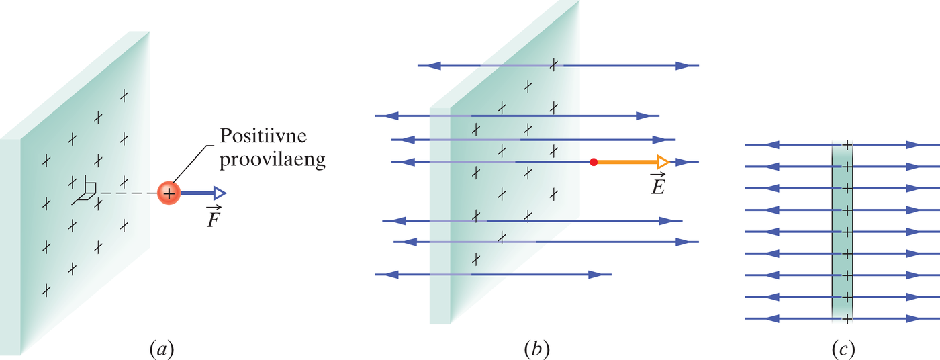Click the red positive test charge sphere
coord(169,193)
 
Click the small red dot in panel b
coord(593,162)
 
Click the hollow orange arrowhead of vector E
coord(662,162)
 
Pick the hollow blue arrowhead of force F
coord(219,193)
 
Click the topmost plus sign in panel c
coord(847,144)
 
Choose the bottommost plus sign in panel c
coord(847,318)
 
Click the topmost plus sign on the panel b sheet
coord(553,64)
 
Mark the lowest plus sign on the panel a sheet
coord(46,290)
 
